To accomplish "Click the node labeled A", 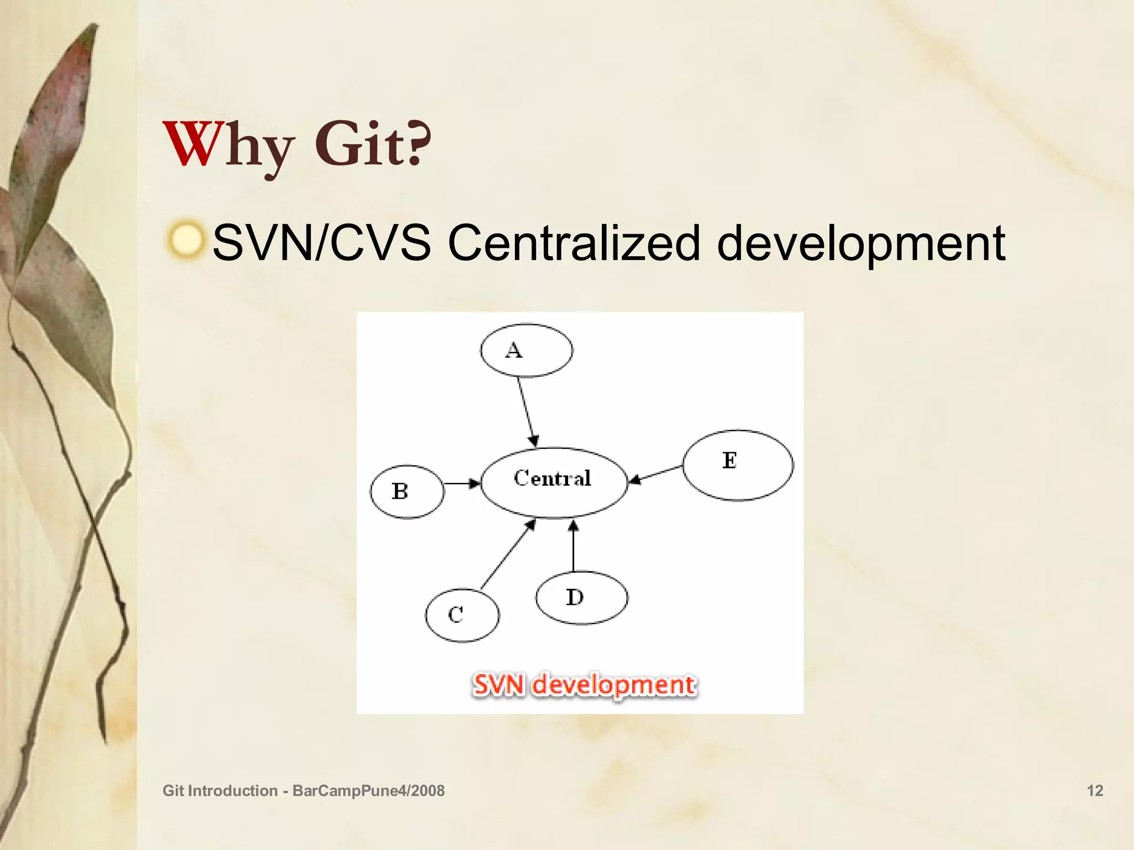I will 526,350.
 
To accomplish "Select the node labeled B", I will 407,491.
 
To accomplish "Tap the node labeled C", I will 462,615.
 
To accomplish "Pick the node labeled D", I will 581,598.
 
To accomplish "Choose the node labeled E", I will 738,465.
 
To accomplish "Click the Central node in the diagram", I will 554,482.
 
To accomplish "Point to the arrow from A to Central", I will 527,412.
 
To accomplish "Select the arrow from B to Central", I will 461,484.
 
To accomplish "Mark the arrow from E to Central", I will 656,474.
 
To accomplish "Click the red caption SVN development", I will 584,685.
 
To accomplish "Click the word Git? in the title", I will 373,145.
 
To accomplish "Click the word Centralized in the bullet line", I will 574,243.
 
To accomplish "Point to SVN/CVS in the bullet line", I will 322,243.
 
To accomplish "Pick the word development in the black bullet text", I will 860,244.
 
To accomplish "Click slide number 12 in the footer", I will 1095,790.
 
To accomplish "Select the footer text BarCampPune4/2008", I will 368,790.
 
